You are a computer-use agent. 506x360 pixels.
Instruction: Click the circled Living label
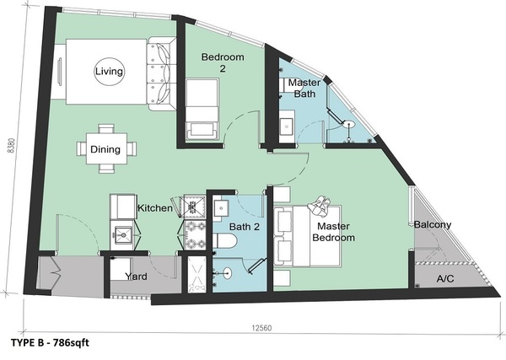109,72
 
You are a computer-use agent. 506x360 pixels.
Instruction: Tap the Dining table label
105,149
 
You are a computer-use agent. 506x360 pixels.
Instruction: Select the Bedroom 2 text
223,62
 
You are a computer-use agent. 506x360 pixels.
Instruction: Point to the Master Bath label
304,88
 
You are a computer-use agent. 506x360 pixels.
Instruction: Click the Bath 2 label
245,227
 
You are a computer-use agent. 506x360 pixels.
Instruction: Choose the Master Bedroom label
334,232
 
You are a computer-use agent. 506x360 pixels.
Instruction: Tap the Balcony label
433,224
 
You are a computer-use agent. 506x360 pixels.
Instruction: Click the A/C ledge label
445,278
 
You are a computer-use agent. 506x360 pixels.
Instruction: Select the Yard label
136,277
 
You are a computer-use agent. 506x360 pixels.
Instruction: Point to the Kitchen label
155,208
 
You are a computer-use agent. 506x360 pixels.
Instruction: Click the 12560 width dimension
261,328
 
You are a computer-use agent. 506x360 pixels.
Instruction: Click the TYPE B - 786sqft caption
50,342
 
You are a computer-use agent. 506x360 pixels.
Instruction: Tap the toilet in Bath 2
225,241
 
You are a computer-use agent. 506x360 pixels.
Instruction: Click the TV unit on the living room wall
60,72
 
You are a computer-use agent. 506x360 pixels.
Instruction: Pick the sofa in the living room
162,74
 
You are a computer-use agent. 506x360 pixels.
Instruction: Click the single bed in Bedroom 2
202,110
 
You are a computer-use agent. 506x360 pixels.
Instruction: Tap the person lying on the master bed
320,206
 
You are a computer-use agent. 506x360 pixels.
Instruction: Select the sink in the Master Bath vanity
286,126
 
